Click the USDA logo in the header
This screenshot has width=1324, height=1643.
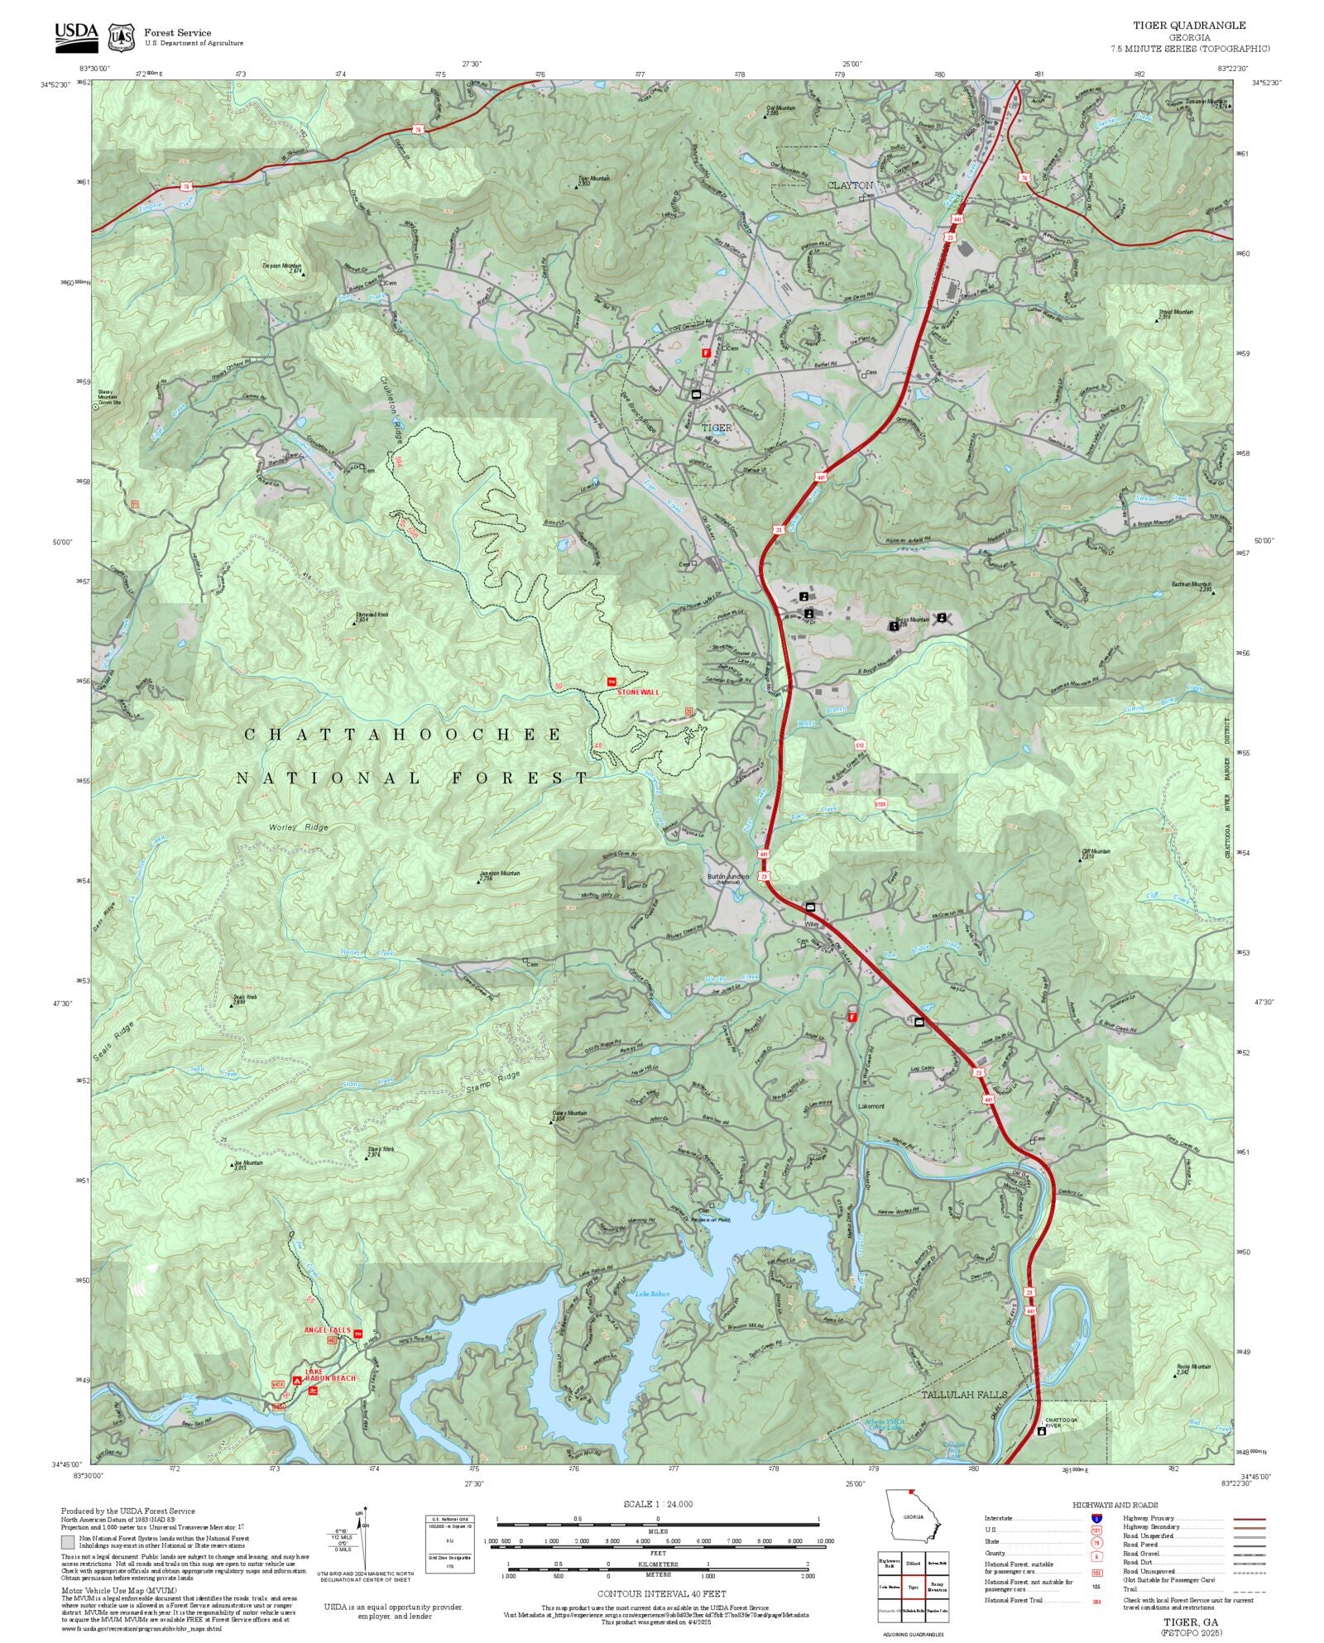tap(76, 36)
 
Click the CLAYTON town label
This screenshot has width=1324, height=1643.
tap(850, 185)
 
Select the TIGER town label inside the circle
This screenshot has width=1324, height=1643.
tap(717, 428)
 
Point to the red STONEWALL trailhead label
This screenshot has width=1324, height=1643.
tap(639, 692)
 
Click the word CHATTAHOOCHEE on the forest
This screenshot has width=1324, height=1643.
tap(404, 735)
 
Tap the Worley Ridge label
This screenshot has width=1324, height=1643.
tap(298, 827)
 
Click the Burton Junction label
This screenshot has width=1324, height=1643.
tap(727, 876)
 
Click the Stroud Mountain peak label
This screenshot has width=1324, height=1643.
tap(1175, 312)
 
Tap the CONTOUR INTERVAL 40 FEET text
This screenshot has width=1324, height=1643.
tap(661, 1593)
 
